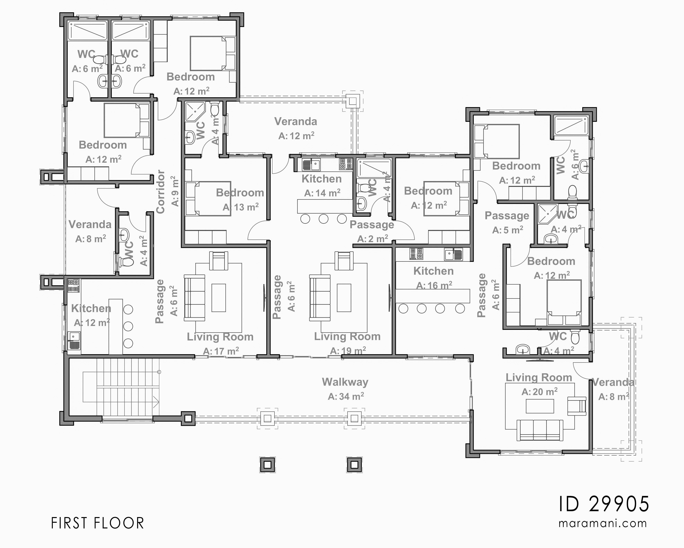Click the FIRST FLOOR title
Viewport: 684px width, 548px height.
pyautogui.click(x=97, y=523)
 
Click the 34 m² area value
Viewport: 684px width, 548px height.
pyautogui.click(x=346, y=396)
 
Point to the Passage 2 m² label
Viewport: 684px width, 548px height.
pyautogui.click(x=372, y=225)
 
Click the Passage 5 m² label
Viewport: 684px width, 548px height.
pyautogui.click(x=507, y=216)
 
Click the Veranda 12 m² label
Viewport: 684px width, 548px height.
pyautogui.click(x=296, y=122)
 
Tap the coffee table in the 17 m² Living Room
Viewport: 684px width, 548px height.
pyautogui.click(x=219, y=298)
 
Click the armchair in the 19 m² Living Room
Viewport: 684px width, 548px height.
pyautogui.click(x=344, y=261)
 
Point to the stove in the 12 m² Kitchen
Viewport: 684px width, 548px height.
pyautogui.click(x=73, y=285)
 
